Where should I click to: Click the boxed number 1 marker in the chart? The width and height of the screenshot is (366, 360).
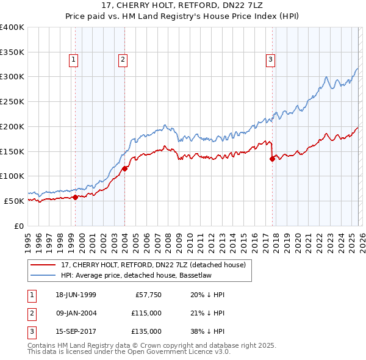pos(73,59)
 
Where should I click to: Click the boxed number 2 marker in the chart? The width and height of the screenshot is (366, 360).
pos(123,59)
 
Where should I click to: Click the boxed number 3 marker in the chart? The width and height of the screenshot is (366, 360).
pos(270,59)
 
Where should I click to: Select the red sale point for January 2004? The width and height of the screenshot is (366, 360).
pos(124,168)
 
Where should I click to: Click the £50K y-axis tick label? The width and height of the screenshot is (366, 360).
pos(15,201)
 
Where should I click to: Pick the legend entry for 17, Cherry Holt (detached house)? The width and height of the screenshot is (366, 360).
pos(152,265)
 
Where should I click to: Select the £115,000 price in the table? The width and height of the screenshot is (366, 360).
pos(146,313)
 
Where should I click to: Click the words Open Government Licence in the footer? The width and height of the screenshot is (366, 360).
pos(174,352)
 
